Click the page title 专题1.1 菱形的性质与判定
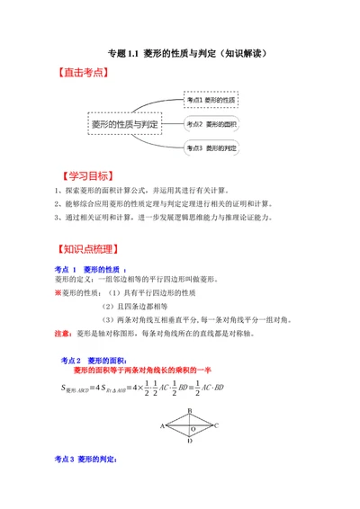coord(181,53)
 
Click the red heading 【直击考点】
coord(83,77)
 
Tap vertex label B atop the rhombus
coord(189,406)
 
